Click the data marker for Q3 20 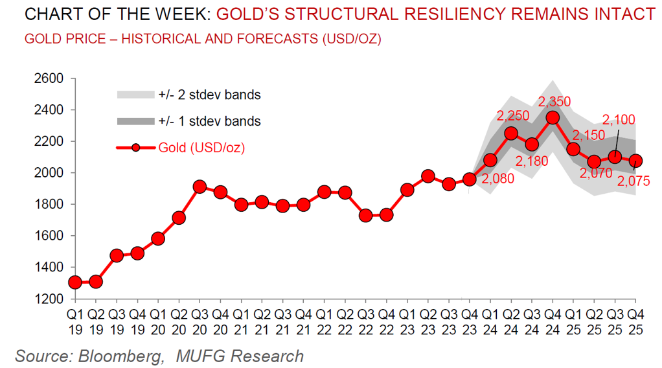(200, 187)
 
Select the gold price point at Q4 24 (553, 117)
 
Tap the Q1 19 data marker (75, 282)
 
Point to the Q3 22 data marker (366, 215)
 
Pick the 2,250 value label (512, 116)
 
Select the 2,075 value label (634, 182)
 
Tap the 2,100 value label (619, 119)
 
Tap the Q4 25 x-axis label (635, 319)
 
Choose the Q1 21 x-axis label (241, 319)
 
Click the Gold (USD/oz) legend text (201, 148)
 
